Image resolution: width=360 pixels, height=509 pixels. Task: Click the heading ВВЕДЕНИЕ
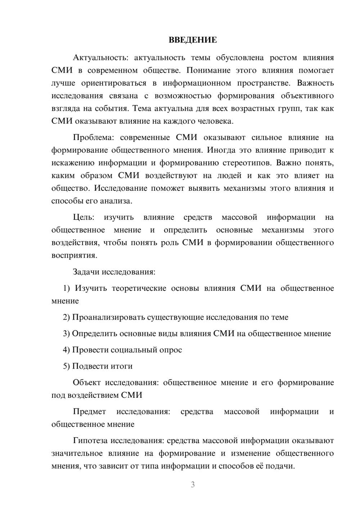193,40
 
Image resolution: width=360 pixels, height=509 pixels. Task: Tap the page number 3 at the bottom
193,485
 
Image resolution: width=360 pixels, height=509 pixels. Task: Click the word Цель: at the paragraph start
84,217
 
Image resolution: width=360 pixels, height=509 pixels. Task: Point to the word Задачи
86,272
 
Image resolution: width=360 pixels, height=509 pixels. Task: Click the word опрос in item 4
171,350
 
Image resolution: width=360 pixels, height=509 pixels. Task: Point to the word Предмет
90,411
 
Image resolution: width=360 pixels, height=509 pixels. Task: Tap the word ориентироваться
114,83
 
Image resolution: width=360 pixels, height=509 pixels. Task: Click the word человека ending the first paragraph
216,121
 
